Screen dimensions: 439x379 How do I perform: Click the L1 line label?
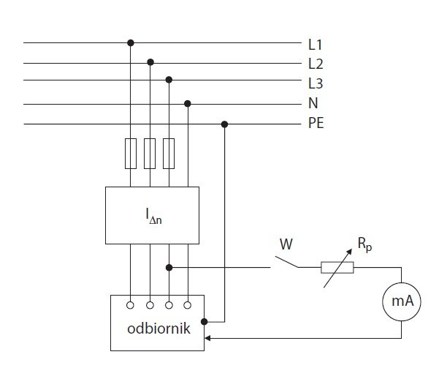[x=315, y=45]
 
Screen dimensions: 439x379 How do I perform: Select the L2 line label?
[x=316, y=64]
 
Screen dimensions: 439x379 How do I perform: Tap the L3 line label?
[x=316, y=83]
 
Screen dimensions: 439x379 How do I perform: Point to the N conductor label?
[x=313, y=103]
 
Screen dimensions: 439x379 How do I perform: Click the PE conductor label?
[x=316, y=123]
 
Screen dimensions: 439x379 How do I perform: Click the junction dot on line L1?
[x=131, y=43]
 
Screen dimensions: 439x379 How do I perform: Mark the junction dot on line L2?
[x=150, y=62]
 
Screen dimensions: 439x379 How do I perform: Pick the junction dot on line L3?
[x=169, y=80]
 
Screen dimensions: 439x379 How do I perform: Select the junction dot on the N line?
[x=188, y=104]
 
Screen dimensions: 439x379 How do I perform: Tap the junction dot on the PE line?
[x=224, y=124]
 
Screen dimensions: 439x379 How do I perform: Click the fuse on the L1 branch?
[x=131, y=154]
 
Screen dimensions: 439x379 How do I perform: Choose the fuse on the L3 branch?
[x=169, y=154]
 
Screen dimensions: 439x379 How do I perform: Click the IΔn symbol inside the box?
[x=153, y=216]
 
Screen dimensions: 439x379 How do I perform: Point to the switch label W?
[x=286, y=244]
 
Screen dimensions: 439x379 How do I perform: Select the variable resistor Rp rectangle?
[x=337, y=267]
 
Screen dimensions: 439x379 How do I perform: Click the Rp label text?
[x=364, y=244]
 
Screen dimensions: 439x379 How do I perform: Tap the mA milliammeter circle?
[x=402, y=301]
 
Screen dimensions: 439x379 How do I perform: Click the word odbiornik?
[x=159, y=329]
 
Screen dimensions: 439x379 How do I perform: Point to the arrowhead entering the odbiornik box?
[x=207, y=338]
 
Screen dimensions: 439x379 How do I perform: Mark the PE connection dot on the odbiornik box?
[x=205, y=321]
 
